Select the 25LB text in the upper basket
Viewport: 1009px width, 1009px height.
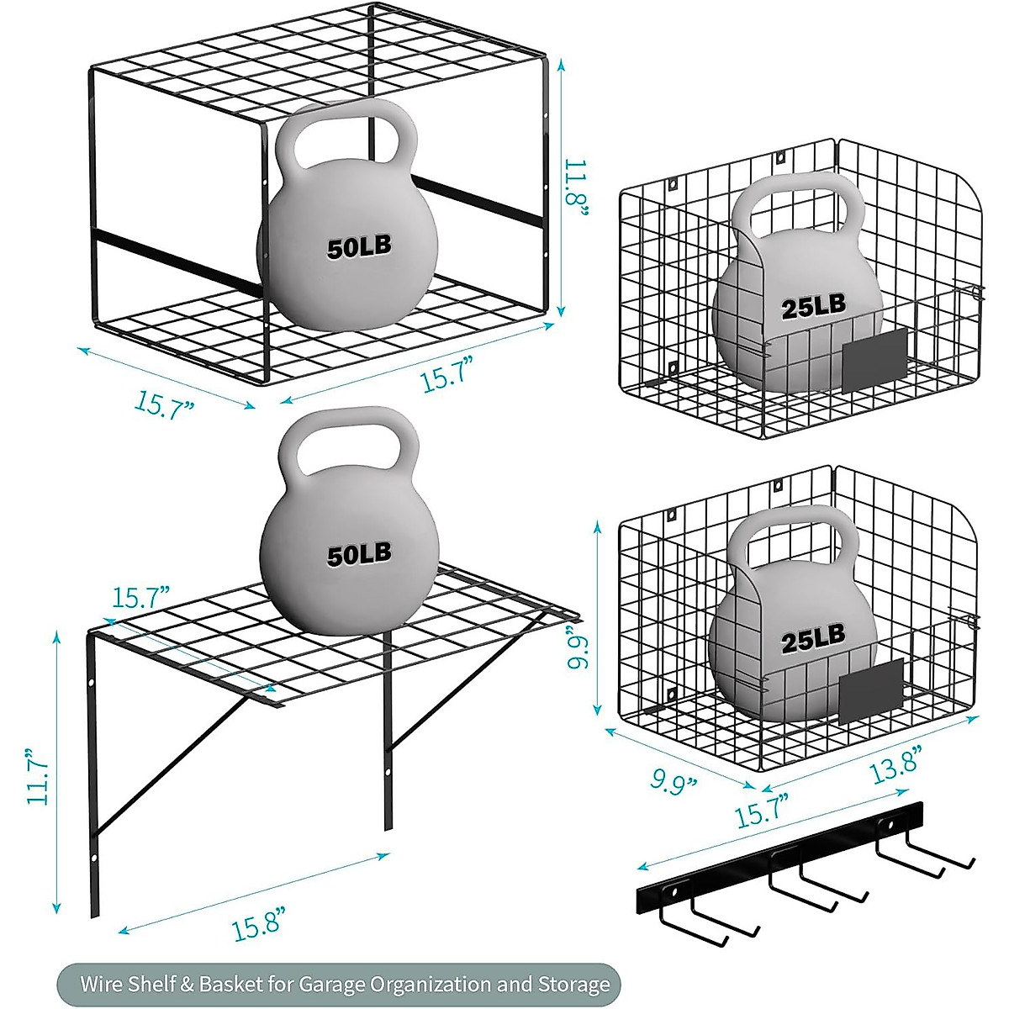(x=813, y=306)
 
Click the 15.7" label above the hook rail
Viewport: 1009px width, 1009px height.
(x=763, y=811)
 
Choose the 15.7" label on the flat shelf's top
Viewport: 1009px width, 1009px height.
(x=140, y=598)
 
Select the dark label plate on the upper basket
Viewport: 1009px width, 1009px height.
(x=875, y=361)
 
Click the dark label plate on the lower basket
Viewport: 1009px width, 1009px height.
(x=871, y=691)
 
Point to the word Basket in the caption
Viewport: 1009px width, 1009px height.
(x=230, y=984)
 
